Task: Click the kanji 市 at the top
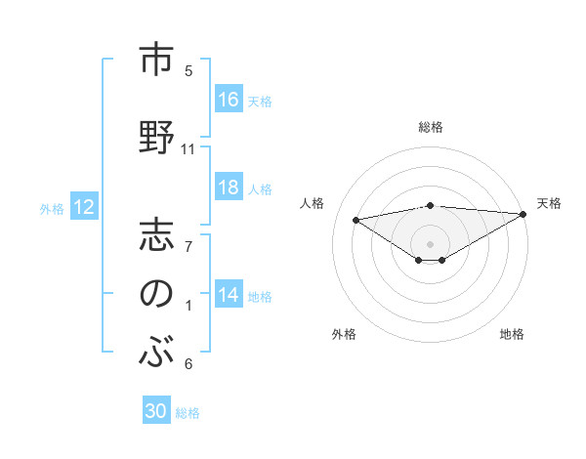pyautogui.click(x=157, y=61)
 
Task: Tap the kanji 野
pyautogui.click(x=157, y=134)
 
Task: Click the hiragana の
pyautogui.click(x=157, y=294)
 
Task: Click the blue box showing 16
pyautogui.click(x=229, y=100)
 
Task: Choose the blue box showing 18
pyautogui.click(x=229, y=188)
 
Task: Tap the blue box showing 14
pyautogui.click(x=229, y=295)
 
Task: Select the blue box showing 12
pyautogui.click(x=84, y=207)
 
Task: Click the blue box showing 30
pyautogui.click(x=156, y=412)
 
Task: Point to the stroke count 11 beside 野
pyautogui.click(x=188, y=149)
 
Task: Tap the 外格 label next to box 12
pyautogui.click(x=52, y=208)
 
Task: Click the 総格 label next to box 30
pyautogui.click(x=188, y=413)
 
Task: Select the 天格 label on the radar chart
pyautogui.click(x=549, y=203)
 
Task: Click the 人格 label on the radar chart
pyautogui.click(x=313, y=203)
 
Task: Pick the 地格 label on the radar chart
pyautogui.click(x=512, y=334)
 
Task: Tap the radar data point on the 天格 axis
pyautogui.click(x=524, y=213)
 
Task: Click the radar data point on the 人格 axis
pyautogui.click(x=356, y=219)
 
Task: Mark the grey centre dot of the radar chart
pyautogui.click(x=430, y=242)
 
